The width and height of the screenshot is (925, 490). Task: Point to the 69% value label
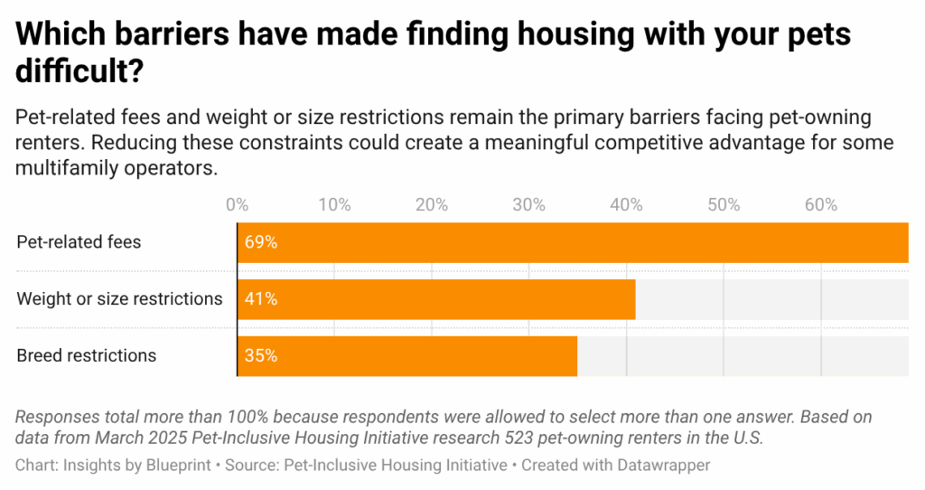(259, 242)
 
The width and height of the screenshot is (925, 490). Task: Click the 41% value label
(259, 299)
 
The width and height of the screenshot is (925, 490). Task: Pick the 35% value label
(259, 356)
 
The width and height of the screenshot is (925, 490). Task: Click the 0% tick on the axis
(237, 205)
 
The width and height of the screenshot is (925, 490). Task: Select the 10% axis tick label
(334, 205)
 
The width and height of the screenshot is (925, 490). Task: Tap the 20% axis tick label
(431, 205)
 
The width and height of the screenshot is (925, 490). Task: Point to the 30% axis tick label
(528, 205)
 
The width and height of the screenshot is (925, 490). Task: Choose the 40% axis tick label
(626, 205)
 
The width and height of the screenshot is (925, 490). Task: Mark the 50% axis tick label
(724, 205)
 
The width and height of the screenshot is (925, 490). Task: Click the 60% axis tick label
(820, 205)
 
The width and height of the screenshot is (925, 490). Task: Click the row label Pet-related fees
(79, 242)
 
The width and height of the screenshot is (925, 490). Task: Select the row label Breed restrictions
(87, 356)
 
